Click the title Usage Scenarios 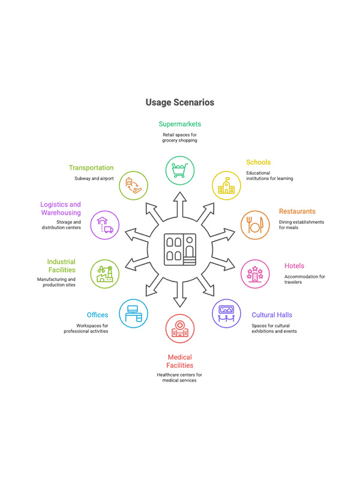tap(179, 102)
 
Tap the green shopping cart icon tap(179, 170)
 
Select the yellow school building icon tap(226, 185)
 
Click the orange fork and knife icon tap(255, 225)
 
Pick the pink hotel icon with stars tap(255, 274)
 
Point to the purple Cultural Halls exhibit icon tap(226, 313)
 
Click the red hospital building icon tap(179, 329)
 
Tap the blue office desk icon tap(133, 313)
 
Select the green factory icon tap(104, 274)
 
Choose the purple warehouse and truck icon tap(104, 225)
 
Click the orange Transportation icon tap(133, 185)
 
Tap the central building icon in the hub tap(180, 249)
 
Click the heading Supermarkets tap(179, 124)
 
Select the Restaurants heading tap(297, 211)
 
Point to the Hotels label tap(294, 266)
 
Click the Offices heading tap(97, 314)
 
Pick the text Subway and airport tap(94, 178)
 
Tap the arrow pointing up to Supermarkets tap(180, 205)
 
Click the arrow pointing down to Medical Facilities tap(180, 294)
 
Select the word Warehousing tap(61, 213)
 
